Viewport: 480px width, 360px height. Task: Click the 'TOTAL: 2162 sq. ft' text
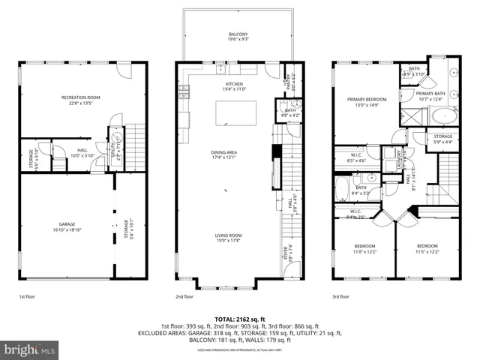[x=239, y=319]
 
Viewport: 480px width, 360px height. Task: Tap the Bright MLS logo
[x=30, y=349]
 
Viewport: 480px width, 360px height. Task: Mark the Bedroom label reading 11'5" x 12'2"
[x=427, y=250]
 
